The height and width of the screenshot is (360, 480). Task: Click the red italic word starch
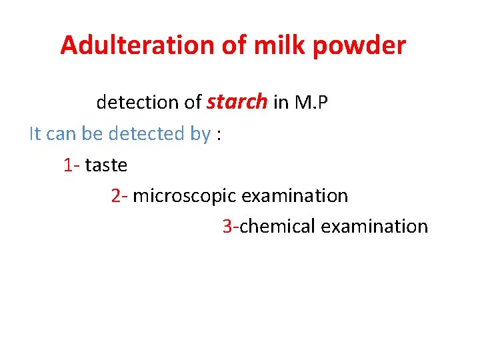point(237,102)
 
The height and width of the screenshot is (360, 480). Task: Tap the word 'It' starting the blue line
point(35,133)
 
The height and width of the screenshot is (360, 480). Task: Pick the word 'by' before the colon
point(200,135)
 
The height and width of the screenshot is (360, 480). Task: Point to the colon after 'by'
point(218,135)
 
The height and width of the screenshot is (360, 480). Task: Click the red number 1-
point(72,165)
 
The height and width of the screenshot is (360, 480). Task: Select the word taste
point(106,165)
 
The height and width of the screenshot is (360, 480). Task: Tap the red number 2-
point(120,196)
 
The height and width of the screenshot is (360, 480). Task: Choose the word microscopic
point(185,197)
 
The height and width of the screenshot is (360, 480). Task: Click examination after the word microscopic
point(295,196)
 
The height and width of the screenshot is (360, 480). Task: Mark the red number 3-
point(231,227)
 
